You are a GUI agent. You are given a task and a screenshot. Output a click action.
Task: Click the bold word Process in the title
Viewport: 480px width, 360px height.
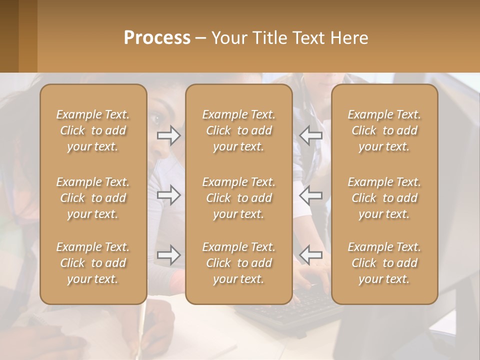(157, 38)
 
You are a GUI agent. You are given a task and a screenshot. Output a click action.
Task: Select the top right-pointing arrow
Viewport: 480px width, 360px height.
(169, 135)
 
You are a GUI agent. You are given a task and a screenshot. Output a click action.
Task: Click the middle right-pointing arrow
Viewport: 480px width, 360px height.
(169, 195)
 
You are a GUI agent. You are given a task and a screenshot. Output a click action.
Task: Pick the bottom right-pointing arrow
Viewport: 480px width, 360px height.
(169, 255)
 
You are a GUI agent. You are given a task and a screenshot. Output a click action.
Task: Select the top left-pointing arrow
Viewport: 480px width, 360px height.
(311, 135)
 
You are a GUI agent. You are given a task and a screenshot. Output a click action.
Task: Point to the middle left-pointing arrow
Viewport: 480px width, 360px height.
(311, 195)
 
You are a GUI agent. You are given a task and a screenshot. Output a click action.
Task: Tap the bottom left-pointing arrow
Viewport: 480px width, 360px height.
(311, 255)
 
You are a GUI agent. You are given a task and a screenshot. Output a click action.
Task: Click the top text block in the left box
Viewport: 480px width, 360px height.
(93, 130)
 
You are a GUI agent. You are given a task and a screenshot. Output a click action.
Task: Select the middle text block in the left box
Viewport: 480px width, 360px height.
(93, 198)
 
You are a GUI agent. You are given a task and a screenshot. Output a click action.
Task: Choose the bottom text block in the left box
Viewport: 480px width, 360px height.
(93, 263)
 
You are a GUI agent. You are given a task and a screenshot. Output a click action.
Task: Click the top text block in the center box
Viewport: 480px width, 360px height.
(239, 130)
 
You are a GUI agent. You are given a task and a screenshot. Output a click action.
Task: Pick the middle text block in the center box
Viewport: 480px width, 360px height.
(239, 198)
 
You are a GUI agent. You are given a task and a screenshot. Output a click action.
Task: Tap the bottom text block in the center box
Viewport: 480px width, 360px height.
(239, 263)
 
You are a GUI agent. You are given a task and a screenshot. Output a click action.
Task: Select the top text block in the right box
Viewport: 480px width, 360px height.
(384, 130)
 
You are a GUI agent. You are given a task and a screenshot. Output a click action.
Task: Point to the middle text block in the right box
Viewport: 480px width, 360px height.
(384, 198)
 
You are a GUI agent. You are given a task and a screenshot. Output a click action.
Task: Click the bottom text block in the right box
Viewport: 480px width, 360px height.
(384, 263)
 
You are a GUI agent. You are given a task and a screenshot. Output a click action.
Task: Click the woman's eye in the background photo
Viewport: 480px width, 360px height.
(156, 119)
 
